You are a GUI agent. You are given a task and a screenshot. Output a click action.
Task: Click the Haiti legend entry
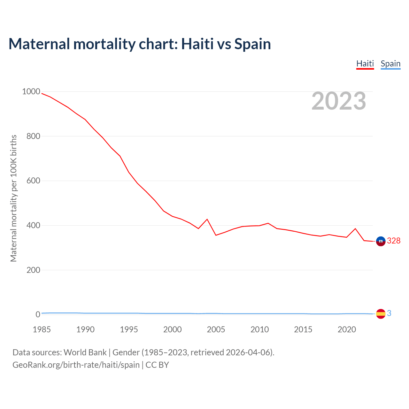click(365, 64)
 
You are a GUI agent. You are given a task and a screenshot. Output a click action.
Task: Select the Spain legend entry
click(390, 64)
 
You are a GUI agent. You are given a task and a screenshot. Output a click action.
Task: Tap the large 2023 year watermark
click(339, 101)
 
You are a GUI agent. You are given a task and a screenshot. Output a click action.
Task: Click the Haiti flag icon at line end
click(381, 241)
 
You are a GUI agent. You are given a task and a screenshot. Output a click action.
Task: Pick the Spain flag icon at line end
click(381, 314)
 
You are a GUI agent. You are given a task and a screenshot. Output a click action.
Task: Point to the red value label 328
click(394, 241)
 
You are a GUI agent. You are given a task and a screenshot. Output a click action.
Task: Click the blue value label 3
click(389, 313)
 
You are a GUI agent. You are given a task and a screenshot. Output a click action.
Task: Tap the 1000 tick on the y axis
click(31, 92)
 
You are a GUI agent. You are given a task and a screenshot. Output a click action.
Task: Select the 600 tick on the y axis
click(33, 181)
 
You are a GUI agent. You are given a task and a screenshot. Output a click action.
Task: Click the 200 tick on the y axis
click(33, 270)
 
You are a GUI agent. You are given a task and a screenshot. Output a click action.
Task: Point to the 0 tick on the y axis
click(38, 315)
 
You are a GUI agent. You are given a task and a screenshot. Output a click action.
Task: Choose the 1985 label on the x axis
click(42, 329)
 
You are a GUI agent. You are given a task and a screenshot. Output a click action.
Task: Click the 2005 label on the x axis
click(216, 329)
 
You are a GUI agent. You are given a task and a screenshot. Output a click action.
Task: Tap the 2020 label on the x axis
click(347, 329)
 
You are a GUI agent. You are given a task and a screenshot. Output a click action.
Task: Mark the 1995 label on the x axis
click(129, 329)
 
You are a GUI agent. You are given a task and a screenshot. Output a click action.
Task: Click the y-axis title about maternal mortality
click(13, 198)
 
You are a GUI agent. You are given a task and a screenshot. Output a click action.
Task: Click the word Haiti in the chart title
click(197, 44)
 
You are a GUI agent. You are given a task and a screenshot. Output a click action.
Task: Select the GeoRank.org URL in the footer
click(76, 365)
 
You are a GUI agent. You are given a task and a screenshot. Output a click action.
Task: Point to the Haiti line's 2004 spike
click(207, 219)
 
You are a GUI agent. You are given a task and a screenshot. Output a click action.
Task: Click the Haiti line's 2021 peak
click(355, 229)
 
